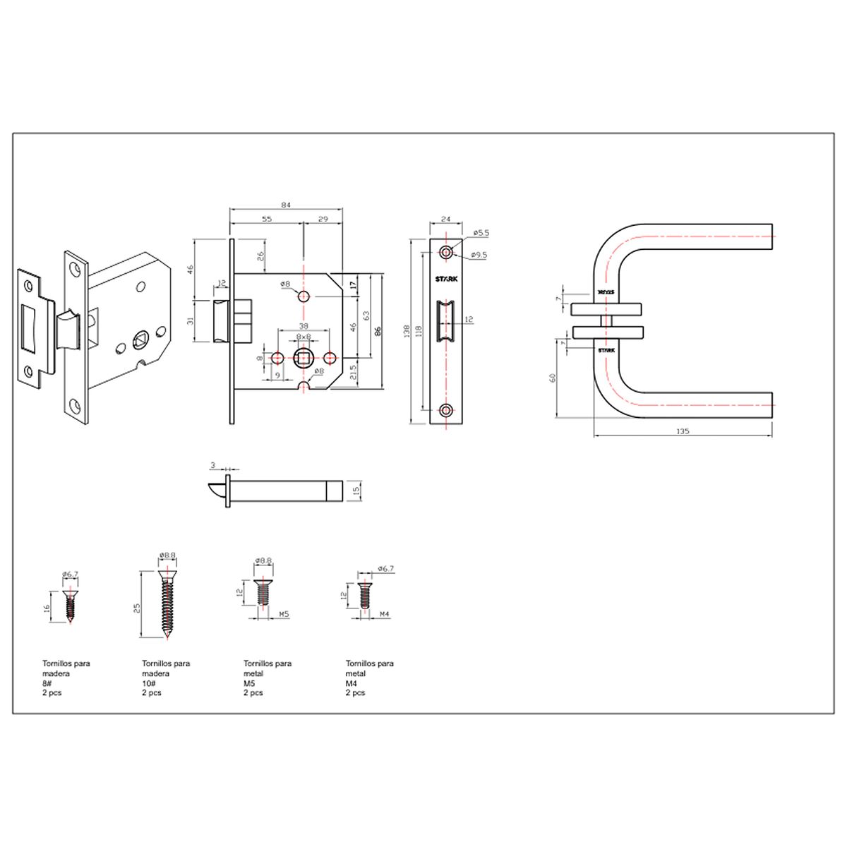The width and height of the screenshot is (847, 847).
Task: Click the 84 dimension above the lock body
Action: coord(286,205)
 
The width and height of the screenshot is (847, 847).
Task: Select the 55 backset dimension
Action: coord(267,219)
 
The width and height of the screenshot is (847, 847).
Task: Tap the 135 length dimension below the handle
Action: coord(682,431)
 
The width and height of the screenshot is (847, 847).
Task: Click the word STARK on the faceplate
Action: coord(446,279)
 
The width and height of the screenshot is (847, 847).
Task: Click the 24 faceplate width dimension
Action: coord(445,220)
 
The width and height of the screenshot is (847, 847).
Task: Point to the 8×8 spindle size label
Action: coord(304,337)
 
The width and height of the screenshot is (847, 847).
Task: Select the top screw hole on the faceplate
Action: coord(445,251)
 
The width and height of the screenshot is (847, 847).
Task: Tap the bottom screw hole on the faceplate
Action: coord(445,409)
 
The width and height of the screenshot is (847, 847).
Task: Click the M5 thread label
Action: coord(284,614)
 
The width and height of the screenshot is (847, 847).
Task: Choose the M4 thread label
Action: coord(385,614)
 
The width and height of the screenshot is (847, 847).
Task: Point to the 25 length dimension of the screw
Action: coord(138,606)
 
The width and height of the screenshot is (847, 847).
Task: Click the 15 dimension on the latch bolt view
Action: coord(356,490)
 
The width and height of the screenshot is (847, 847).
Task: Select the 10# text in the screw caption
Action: coord(149,683)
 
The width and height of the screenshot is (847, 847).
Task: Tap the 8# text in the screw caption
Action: coord(48,683)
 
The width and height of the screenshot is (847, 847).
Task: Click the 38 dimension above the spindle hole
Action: coord(304,326)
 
